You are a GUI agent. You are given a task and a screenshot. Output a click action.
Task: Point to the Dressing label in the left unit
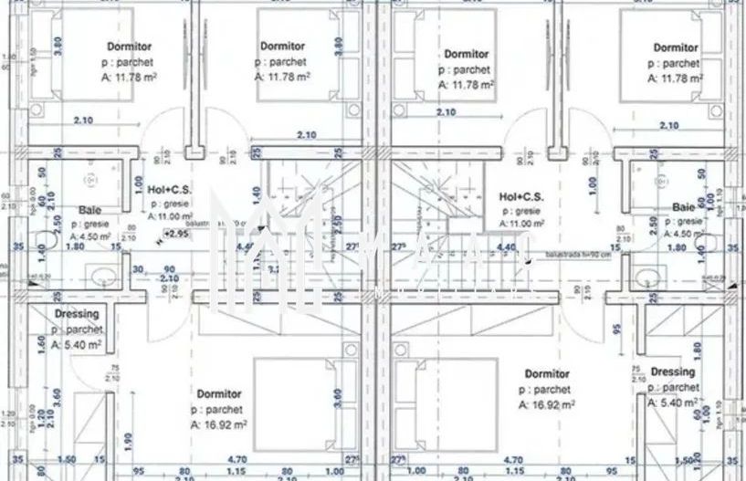pos(77,314)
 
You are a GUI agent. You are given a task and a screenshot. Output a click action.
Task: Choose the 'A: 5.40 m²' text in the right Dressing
pos(674,402)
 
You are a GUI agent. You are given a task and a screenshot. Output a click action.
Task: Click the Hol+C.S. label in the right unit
pos(522,196)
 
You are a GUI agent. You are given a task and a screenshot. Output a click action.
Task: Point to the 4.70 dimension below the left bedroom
pos(236,460)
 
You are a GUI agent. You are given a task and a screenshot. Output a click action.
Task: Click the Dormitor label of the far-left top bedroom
pos(129,46)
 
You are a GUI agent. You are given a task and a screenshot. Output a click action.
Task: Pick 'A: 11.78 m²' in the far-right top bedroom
pos(675,78)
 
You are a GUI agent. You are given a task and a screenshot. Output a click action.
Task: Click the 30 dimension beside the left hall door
pos(138,268)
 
